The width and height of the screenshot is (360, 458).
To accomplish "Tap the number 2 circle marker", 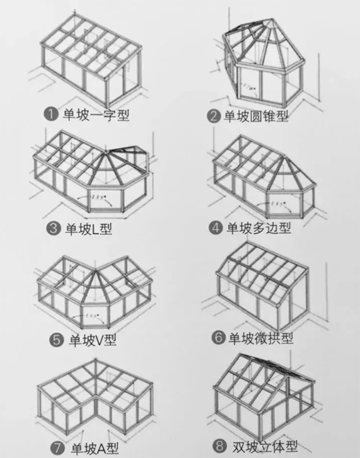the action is pos(213,116).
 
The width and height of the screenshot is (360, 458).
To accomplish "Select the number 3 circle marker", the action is pos(53,228).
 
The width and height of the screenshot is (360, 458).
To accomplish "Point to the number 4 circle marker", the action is pos(215,227).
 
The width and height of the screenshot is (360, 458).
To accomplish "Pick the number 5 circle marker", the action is pos(56,340).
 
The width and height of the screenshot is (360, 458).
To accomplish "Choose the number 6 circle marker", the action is pos(219,337).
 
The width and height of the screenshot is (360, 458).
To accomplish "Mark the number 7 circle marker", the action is pos(57,448).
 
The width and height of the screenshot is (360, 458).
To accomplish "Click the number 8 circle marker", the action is pos(219,446).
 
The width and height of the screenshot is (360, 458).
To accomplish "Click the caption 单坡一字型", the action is pos(96,114).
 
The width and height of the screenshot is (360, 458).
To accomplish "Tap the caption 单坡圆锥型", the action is pos(256,116).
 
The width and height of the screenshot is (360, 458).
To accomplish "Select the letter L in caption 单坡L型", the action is pos(95,229).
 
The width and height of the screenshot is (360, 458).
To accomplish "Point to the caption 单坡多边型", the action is pos(259,227).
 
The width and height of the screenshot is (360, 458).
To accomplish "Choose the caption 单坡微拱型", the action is pos(261,338).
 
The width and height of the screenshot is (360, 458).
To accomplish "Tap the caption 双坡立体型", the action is pos(264,446).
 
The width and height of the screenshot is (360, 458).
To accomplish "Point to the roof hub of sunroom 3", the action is pos(107,151).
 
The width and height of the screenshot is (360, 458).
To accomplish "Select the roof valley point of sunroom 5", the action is pos(96,270).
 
